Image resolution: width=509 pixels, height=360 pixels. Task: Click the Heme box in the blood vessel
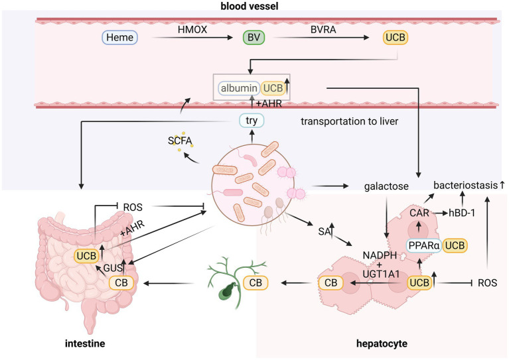click(x=119, y=37)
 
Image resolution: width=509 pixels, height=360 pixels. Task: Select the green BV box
click(x=254, y=37)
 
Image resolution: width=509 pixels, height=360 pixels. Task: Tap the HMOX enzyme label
click(x=192, y=30)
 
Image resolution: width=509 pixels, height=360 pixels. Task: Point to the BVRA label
click(x=323, y=30)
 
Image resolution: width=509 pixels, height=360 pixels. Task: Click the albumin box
click(x=239, y=88)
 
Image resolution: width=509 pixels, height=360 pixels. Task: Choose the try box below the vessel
click(x=252, y=120)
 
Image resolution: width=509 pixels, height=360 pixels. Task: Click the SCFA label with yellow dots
click(x=180, y=141)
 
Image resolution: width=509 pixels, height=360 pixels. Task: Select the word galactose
click(x=386, y=186)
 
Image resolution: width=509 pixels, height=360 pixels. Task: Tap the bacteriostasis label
click(x=466, y=185)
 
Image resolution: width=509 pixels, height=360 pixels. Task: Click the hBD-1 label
click(x=462, y=213)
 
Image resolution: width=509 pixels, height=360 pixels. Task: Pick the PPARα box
click(x=424, y=245)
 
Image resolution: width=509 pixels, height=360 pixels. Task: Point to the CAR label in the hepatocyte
click(x=419, y=213)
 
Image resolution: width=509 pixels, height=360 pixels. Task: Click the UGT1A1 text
click(x=381, y=274)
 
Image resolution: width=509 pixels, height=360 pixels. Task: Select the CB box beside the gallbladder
click(x=255, y=283)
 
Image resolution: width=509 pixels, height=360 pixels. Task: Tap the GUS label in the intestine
click(x=112, y=268)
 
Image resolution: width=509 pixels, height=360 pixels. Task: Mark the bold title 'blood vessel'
click(x=250, y=6)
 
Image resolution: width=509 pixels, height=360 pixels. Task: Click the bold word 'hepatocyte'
click(x=382, y=343)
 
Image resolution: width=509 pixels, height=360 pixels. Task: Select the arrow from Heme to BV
click(x=193, y=38)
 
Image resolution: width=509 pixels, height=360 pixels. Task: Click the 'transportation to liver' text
click(x=349, y=121)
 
